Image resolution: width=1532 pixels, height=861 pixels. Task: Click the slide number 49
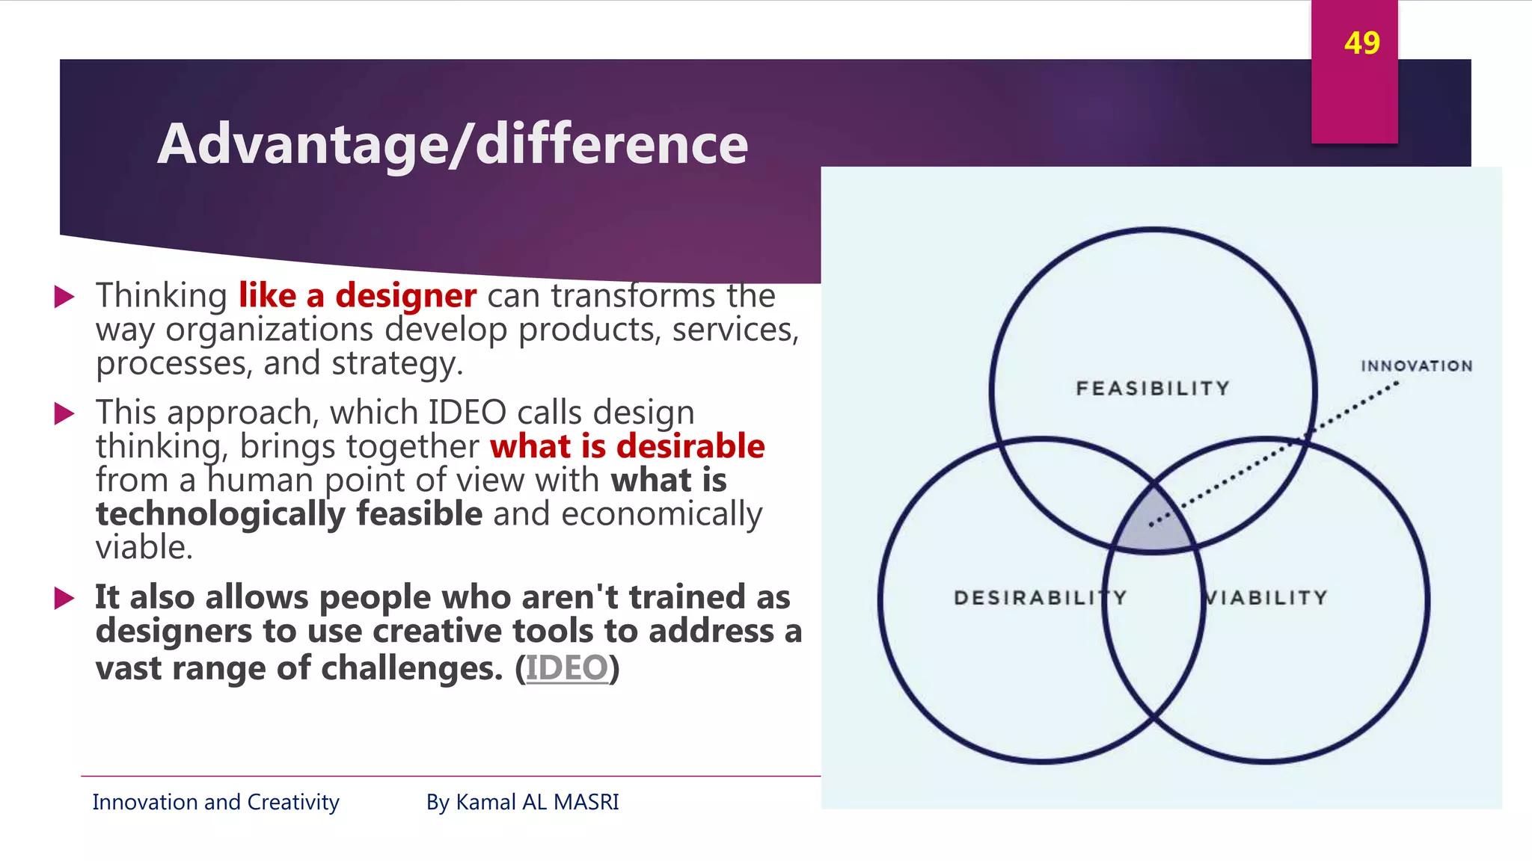[x=1361, y=43]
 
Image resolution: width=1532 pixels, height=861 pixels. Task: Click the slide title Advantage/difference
[x=453, y=143]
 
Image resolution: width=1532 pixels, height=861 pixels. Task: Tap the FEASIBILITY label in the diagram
[x=1153, y=389]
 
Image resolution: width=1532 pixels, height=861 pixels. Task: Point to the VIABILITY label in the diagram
[x=1266, y=598]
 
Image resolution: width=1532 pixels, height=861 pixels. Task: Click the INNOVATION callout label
[x=1416, y=366]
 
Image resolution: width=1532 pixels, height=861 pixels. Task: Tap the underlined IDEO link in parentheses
[x=567, y=667]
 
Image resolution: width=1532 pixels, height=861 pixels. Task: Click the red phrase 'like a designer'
[x=357, y=295]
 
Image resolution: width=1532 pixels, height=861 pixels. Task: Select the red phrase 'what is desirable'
[x=627, y=446]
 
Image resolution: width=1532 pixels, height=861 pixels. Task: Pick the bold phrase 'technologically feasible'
[x=289, y=514]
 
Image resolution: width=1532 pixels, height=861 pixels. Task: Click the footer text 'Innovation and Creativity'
[x=215, y=802]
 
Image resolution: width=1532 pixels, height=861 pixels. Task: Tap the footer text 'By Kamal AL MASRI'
[x=522, y=802]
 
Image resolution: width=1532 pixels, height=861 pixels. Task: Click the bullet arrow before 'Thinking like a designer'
[x=65, y=297]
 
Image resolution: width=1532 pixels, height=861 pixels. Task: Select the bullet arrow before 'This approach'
[x=65, y=413]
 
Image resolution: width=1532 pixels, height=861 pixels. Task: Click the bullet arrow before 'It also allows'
[x=65, y=598]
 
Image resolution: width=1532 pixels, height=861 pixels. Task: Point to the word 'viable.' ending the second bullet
[x=144, y=548]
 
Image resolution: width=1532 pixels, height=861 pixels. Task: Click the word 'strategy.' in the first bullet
[x=397, y=364]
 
